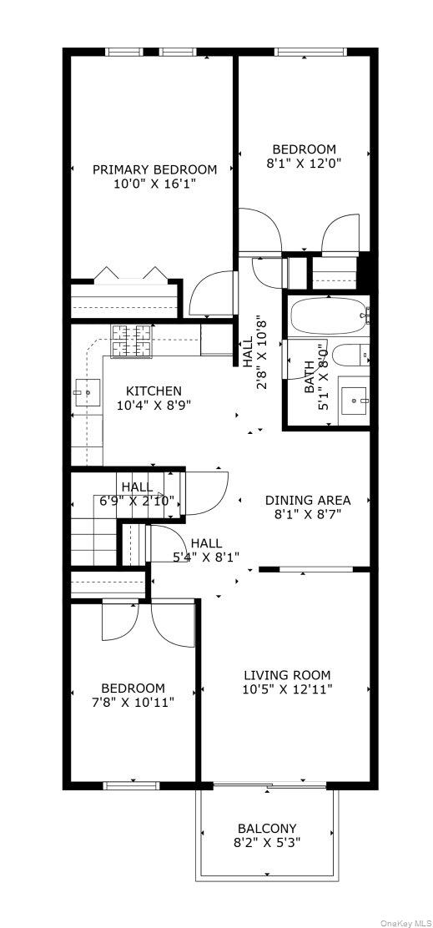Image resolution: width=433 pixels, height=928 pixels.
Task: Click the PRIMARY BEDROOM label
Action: tap(154, 169)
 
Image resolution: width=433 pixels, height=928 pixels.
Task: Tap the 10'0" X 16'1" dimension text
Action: tap(154, 184)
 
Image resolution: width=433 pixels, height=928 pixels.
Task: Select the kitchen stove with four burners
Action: tap(132, 340)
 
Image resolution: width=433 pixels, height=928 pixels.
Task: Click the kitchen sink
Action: tap(86, 391)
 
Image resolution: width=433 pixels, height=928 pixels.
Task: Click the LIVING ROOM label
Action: tap(287, 674)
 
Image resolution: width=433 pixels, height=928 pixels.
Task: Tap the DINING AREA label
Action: tap(307, 500)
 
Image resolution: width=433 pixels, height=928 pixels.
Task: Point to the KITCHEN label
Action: tap(154, 391)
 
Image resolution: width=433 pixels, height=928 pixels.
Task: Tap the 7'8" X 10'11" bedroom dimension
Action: tap(134, 702)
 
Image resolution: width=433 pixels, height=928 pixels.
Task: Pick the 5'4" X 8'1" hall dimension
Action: tap(206, 557)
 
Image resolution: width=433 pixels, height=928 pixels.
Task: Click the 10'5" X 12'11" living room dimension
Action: tap(287, 689)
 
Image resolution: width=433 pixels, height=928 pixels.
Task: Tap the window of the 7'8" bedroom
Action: tap(131, 784)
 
